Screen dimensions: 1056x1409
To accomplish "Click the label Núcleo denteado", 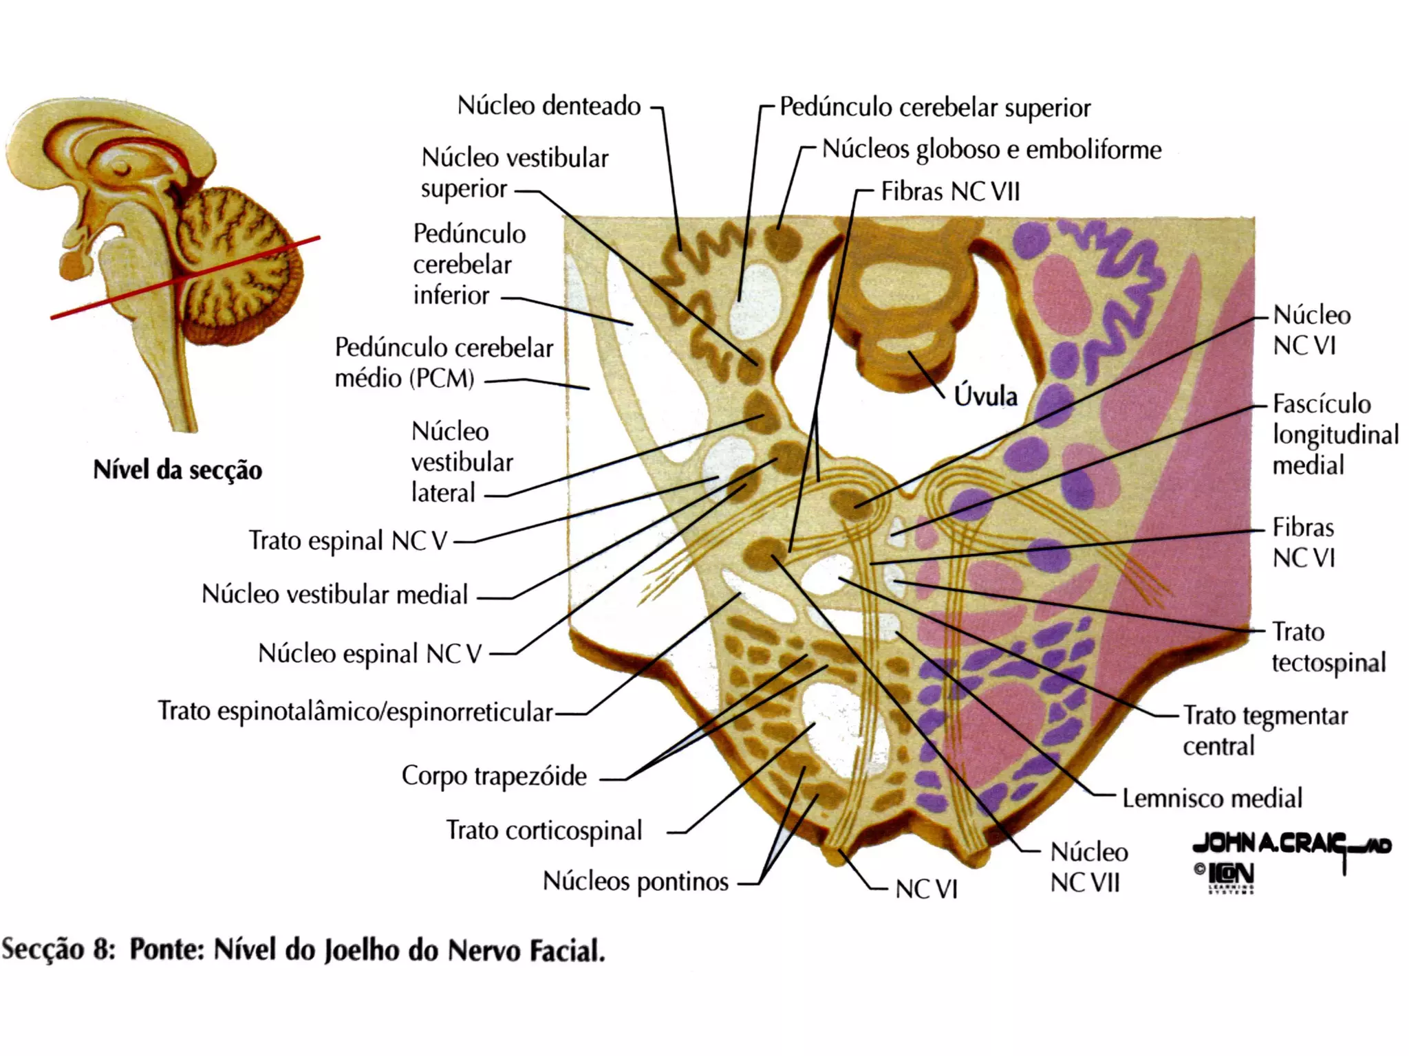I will coord(548,107).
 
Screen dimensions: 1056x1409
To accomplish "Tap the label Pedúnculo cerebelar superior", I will coord(934,108).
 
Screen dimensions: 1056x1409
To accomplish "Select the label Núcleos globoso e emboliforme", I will coord(991,149).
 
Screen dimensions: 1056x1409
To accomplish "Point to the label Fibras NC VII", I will coord(950,192).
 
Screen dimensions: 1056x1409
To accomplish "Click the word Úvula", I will coord(985,397).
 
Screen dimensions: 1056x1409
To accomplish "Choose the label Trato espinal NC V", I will coord(347,541).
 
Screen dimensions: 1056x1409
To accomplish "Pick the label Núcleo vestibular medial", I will coord(334,595).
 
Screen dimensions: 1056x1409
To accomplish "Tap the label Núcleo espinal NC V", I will coord(369,654).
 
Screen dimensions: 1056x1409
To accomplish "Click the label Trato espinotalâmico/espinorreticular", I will coord(355,712).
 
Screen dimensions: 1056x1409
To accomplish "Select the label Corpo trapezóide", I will coord(494,776).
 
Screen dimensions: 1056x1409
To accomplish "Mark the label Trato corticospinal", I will coord(544,830).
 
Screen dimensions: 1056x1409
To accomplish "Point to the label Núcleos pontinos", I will coord(635,881).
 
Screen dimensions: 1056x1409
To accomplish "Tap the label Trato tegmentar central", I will coord(1265,731).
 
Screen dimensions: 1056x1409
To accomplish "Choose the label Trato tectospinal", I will coord(1328,647).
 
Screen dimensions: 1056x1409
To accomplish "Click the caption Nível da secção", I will coord(178,471).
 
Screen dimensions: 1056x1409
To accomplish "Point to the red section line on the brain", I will coord(186,278).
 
